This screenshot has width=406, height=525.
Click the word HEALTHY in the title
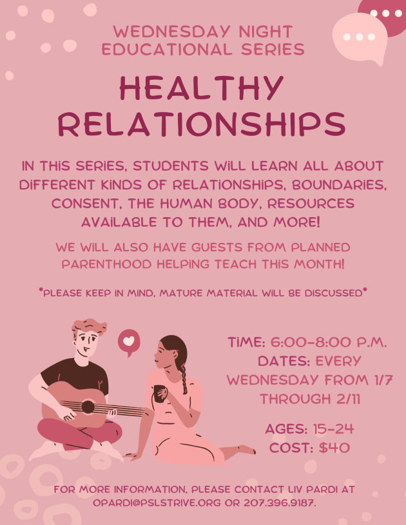pyautogui.click(x=202, y=88)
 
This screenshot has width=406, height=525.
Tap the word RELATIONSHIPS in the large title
pyautogui.click(x=202, y=124)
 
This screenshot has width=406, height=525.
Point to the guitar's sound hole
pyautogui.click(x=88, y=407)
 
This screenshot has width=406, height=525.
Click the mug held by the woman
pyautogui.click(x=160, y=394)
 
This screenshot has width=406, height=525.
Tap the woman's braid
pyautogui.click(x=184, y=378)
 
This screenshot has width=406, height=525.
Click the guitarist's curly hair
pyautogui.click(x=89, y=326)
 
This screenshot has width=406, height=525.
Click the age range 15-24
pyautogui.click(x=333, y=429)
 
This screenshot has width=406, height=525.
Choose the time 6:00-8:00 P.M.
pyautogui.click(x=329, y=343)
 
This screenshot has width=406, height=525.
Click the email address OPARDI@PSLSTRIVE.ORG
pyautogui.click(x=157, y=503)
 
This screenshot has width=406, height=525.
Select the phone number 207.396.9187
pyautogui.click(x=280, y=503)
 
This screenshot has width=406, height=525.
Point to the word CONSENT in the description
pyautogui.click(x=86, y=204)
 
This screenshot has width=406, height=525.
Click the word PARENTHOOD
pyautogui.click(x=107, y=264)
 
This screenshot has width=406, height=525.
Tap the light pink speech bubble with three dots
pyautogui.click(x=360, y=37)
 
